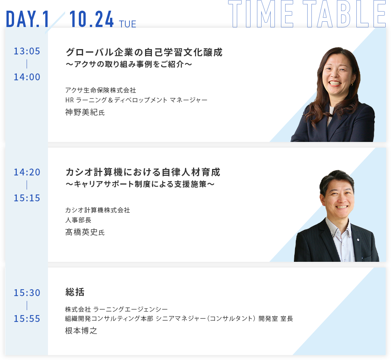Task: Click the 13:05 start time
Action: click(x=27, y=51)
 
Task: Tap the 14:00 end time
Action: click(x=27, y=77)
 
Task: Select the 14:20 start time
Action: click(x=27, y=172)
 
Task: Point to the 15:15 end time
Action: click(x=27, y=198)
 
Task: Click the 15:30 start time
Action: click(x=27, y=293)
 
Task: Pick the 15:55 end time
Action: click(x=27, y=319)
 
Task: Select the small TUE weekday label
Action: click(x=128, y=24)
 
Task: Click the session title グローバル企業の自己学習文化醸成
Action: click(x=144, y=52)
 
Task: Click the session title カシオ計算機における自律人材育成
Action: click(x=143, y=172)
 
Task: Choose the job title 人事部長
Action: click(x=78, y=220)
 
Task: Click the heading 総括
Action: click(x=75, y=292)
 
